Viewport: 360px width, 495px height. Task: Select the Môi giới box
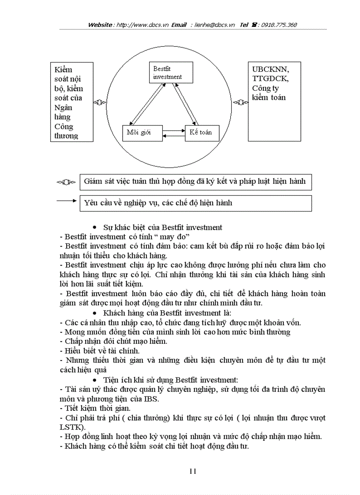coord(139,133)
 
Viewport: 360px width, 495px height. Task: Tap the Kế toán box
coord(202,133)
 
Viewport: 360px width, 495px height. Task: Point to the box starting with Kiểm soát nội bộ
coord(71,102)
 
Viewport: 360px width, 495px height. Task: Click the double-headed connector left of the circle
coord(100,103)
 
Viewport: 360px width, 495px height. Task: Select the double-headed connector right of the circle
coord(240,103)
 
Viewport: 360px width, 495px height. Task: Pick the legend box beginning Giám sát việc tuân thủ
coord(195,182)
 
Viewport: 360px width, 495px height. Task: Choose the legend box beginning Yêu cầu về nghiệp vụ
coord(195,203)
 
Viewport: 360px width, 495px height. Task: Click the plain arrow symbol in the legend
coord(67,201)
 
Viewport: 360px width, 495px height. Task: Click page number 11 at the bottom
coord(192,471)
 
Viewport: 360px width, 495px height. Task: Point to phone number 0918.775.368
coord(279,25)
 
